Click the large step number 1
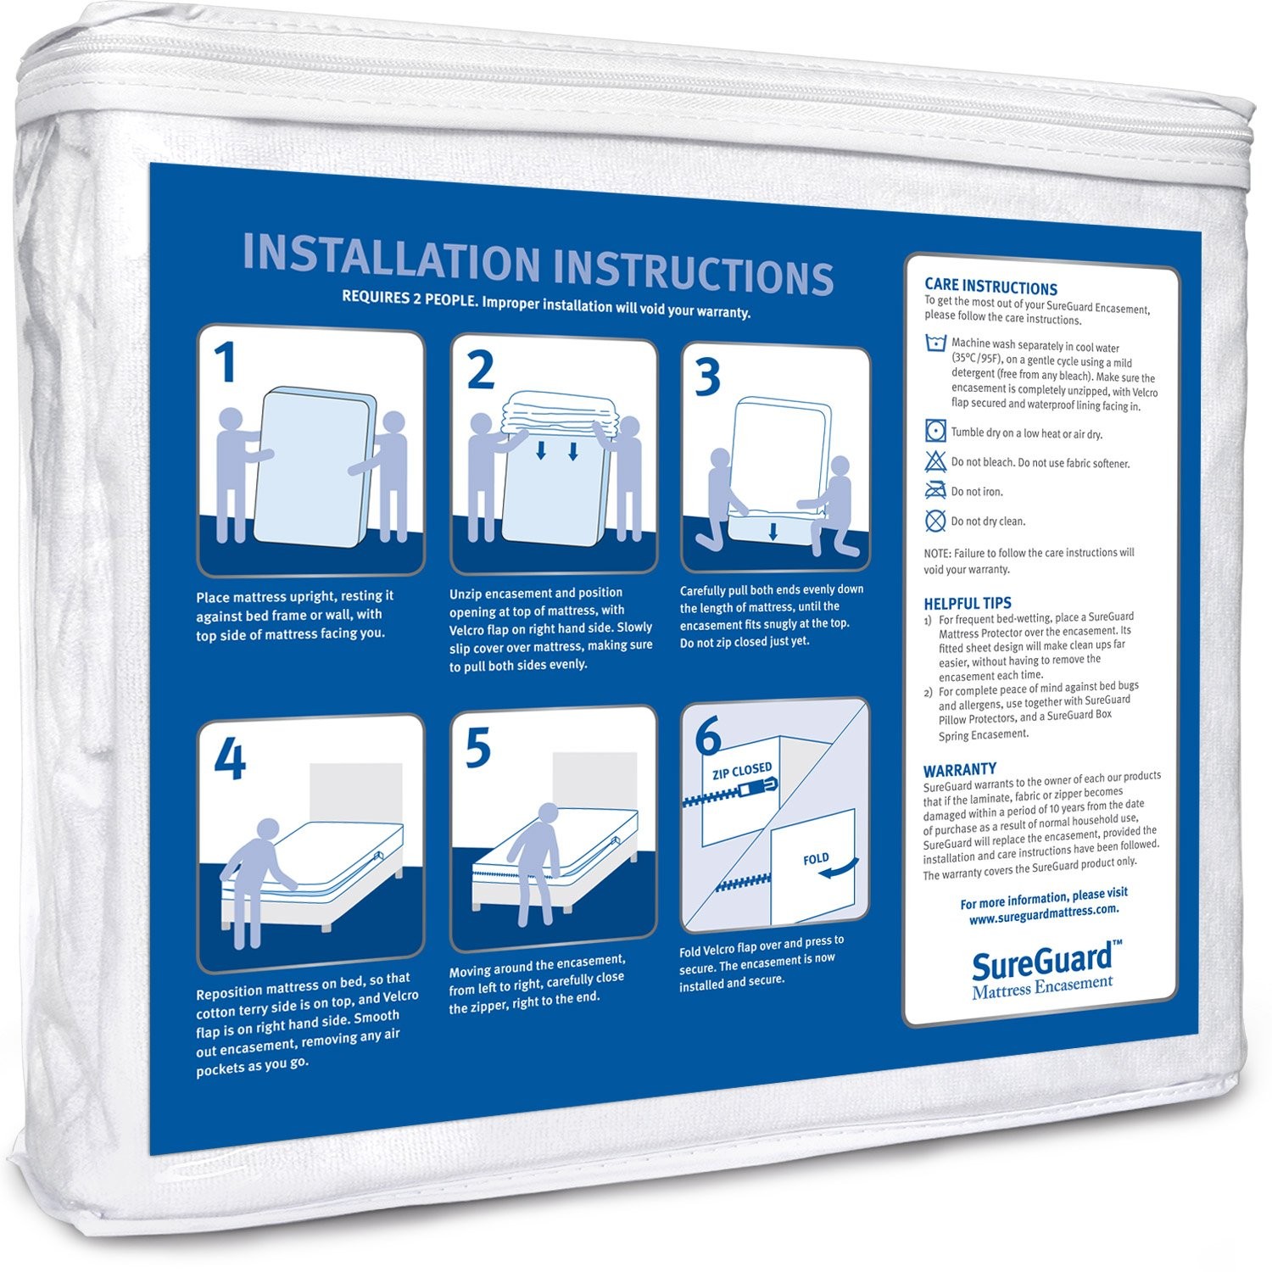click(224, 364)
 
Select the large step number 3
click(707, 377)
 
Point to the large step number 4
click(229, 759)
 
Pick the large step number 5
click(478, 748)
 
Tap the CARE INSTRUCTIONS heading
click(990, 287)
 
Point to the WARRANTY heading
click(959, 769)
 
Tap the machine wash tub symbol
click(935, 343)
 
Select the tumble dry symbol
click(935, 430)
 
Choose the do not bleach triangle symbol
click(935, 461)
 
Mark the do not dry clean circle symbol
click(935, 520)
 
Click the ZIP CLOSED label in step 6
click(742, 771)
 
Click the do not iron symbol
click(935, 490)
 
